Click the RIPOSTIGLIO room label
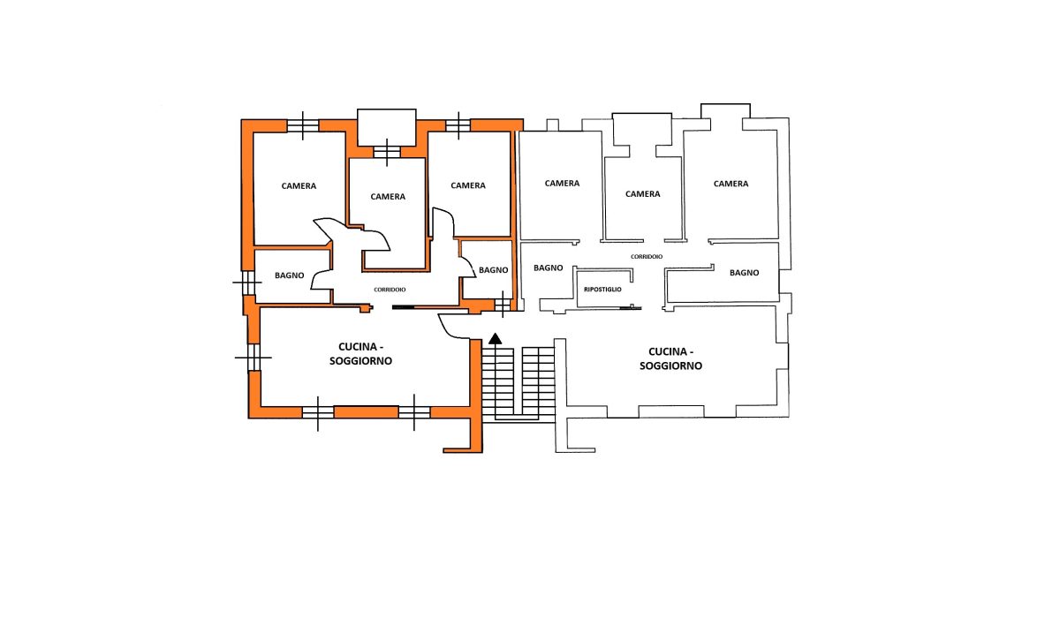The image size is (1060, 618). coord(602,290)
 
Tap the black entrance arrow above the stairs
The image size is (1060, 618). coord(495,338)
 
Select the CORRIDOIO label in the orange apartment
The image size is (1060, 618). coord(390,290)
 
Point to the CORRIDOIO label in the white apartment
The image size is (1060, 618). coord(647,256)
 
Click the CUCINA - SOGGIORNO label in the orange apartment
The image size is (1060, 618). coord(360,354)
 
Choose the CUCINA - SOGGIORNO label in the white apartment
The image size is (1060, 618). coord(670,358)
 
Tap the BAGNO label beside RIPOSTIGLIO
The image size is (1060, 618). coord(548,268)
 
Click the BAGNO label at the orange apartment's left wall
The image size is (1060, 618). coord(289,275)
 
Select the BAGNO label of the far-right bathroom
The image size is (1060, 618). coord(744,272)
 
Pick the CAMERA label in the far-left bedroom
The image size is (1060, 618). coord(299,185)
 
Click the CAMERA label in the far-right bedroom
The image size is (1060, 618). coord(731,184)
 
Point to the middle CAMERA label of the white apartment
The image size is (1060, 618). coord(642,194)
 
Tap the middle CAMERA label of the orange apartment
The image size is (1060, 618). coord(388,196)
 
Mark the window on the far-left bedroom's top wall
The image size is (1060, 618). coord(303,125)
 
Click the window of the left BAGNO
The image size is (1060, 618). coord(247,283)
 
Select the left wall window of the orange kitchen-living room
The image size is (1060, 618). coord(254,358)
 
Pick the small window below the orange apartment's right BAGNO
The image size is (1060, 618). coord(503,305)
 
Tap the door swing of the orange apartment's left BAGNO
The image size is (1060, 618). coord(321,280)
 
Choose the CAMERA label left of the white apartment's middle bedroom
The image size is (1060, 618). coord(562,183)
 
